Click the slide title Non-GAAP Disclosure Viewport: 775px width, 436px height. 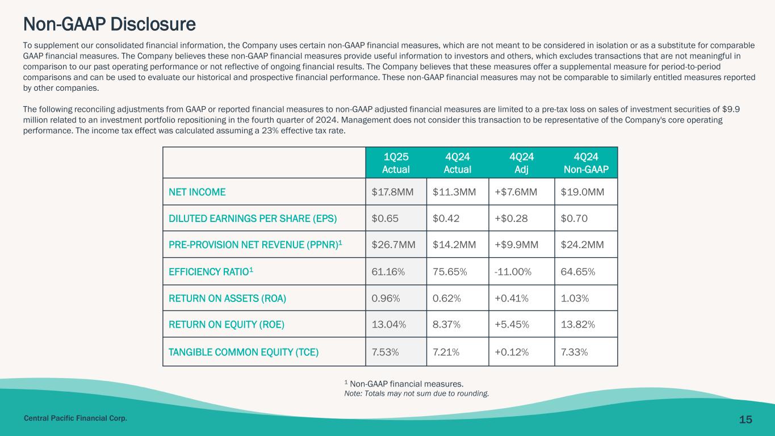[109, 24]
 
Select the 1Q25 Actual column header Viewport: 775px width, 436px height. [396, 162]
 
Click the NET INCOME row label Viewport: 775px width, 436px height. [197, 192]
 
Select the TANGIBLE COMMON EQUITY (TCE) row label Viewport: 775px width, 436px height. [244, 352]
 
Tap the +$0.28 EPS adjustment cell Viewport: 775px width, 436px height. [510, 219]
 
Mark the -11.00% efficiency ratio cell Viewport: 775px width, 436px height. [513, 272]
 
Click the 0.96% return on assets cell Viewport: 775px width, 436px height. [386, 299]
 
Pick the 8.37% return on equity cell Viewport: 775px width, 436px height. [446, 325]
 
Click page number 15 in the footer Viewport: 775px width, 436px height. [745, 420]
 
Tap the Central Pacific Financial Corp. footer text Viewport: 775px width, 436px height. [75, 418]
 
